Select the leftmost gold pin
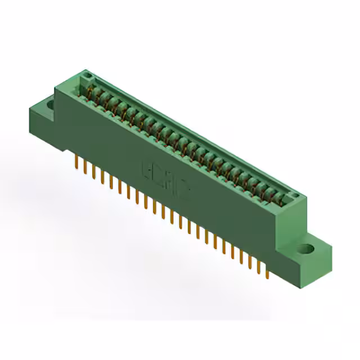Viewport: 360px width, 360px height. pyautogui.click(x=76, y=161)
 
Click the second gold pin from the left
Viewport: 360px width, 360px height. pyautogui.click(x=85, y=166)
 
